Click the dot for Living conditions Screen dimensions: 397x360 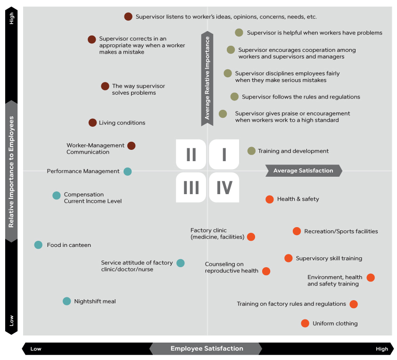pyautogui.click(x=93, y=123)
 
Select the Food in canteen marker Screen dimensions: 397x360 pyautogui.click(x=38, y=245)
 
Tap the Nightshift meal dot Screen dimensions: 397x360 pyautogui.click(x=67, y=301)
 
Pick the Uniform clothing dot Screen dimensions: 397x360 pyautogui.click(x=305, y=323)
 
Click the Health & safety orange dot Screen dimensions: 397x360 pyautogui.click(x=270, y=199)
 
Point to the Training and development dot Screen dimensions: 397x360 pyautogui.click(x=251, y=151)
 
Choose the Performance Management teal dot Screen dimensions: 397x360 pyautogui.click(x=128, y=172)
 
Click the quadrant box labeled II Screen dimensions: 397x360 pyautogui.click(x=191, y=155)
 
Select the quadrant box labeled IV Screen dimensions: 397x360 pyautogui.click(x=224, y=188)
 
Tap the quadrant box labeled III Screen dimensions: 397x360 pyautogui.click(x=191, y=188)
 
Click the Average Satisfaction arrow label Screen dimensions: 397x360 pyautogui.click(x=304, y=171)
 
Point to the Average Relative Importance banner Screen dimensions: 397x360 pyautogui.click(x=207, y=78)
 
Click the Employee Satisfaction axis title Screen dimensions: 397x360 pyautogui.click(x=207, y=349)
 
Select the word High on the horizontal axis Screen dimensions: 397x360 pyautogui.click(x=382, y=349)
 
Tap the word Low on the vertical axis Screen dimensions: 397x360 pyautogui.click(x=11, y=320)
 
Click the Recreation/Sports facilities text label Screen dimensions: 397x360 pyautogui.click(x=341, y=231)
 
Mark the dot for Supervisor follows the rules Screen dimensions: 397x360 pyautogui.click(x=234, y=97)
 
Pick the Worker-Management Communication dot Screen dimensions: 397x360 pyautogui.click(x=132, y=146)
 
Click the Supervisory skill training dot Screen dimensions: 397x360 pyautogui.click(x=289, y=258)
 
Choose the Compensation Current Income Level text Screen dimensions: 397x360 pyautogui.click(x=93, y=198)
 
